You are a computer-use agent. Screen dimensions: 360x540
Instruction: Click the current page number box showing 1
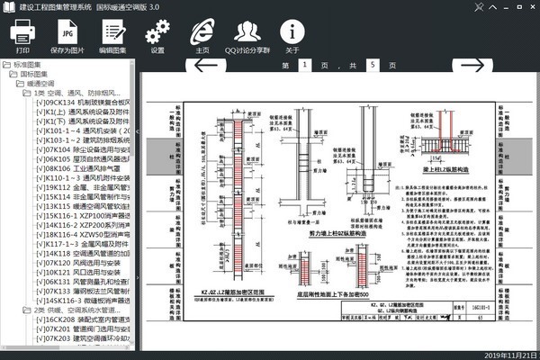tap(304, 67)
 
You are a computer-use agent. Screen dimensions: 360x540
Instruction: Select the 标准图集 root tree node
tap(27, 65)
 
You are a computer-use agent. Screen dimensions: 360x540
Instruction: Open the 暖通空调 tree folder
tap(40, 82)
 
